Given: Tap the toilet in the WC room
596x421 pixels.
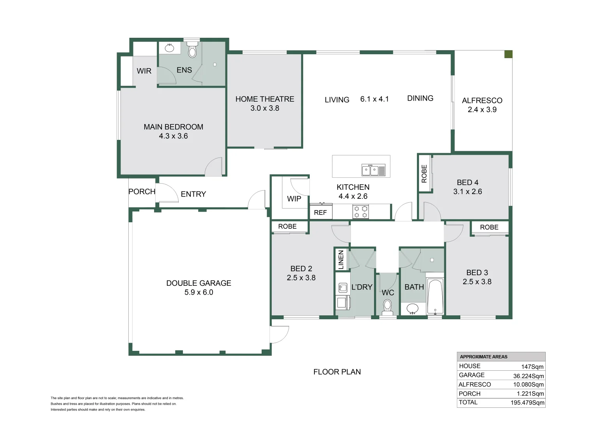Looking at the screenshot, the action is pos(387,308).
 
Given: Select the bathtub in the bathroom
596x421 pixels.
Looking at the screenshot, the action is pos(435,296).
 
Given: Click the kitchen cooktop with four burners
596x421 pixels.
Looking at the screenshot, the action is pos(360,212).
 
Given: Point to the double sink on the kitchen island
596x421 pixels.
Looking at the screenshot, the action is pos(373,170).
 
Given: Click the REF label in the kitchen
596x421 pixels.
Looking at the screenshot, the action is pos(320,212).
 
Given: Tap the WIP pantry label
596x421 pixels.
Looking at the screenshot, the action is pos(294,199).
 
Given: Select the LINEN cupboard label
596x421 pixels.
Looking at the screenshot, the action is pos(341,260).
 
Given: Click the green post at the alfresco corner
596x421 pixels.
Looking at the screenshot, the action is pos(508,54).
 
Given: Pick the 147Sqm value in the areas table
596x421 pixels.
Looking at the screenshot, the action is pos(532,367).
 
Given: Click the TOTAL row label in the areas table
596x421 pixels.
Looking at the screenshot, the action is pos(468,402).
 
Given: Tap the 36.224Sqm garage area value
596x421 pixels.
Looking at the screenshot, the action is pos(529,376).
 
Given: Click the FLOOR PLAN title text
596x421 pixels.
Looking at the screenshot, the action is pos(337,372).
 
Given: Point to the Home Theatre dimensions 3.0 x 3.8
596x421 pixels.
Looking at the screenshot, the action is pos(265,108).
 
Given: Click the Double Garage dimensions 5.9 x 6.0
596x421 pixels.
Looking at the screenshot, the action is pos(199,292).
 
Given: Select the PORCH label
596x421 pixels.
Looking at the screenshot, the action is pos(142,191).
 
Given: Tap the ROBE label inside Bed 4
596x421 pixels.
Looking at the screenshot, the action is pos(424,174).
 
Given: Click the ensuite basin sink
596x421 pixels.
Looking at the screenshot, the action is pos(170,48).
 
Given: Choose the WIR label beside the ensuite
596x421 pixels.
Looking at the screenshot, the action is pos(144,71).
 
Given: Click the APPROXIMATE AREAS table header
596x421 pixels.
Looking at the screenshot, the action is pos(483,357).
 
